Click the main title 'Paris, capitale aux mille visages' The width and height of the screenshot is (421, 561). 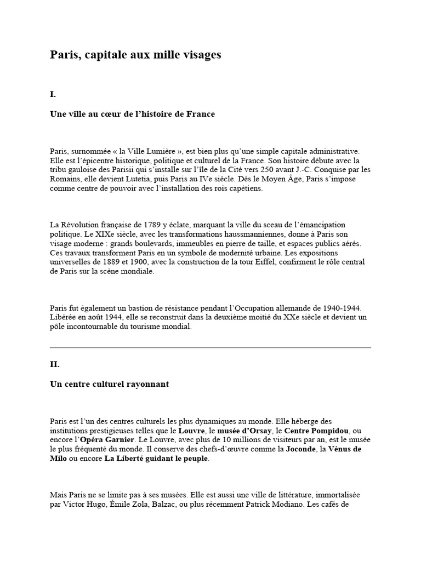coord(136,55)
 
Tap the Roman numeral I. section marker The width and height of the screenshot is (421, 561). coord(53,94)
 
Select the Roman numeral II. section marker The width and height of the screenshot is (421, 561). coord(54,364)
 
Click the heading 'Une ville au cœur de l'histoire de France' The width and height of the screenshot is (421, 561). coord(133,114)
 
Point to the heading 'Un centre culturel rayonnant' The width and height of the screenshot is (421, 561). coord(109,384)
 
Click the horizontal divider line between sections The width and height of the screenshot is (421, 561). coord(210,347)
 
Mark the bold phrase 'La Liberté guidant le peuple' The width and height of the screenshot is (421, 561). coord(156,458)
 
